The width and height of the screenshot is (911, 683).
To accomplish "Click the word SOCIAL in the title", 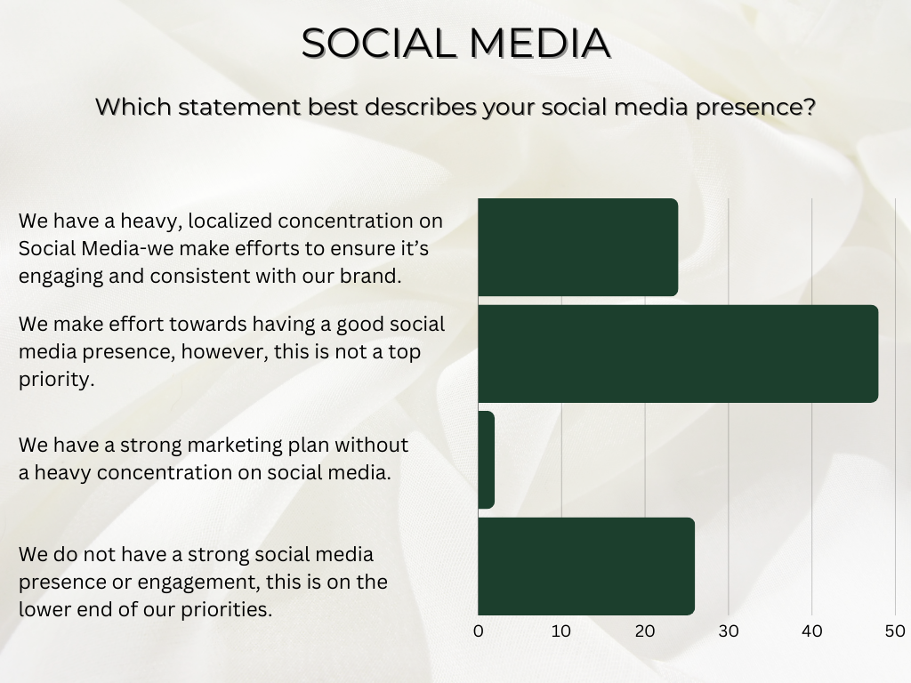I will coord(375,44).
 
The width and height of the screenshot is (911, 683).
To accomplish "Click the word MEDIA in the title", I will coord(535,44).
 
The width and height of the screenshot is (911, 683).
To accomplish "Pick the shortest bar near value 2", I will coord(486,460).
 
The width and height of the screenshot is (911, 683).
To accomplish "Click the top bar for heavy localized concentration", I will coord(577,247).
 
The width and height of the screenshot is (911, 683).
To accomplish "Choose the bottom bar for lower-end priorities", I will coord(586,566).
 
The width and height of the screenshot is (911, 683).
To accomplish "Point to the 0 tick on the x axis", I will coord(479,631).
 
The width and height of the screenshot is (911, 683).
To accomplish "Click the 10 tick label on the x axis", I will coord(561,631).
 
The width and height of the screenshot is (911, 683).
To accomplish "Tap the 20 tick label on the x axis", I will coord(645,631).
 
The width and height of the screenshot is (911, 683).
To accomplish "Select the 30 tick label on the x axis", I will coord(729,631).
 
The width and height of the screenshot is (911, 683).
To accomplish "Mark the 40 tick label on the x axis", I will coord(812,631).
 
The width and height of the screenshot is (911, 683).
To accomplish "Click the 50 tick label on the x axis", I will coord(894,631).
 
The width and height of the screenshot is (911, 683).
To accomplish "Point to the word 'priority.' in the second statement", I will coord(56,381).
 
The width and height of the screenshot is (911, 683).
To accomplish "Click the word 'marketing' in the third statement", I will coord(219,444).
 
